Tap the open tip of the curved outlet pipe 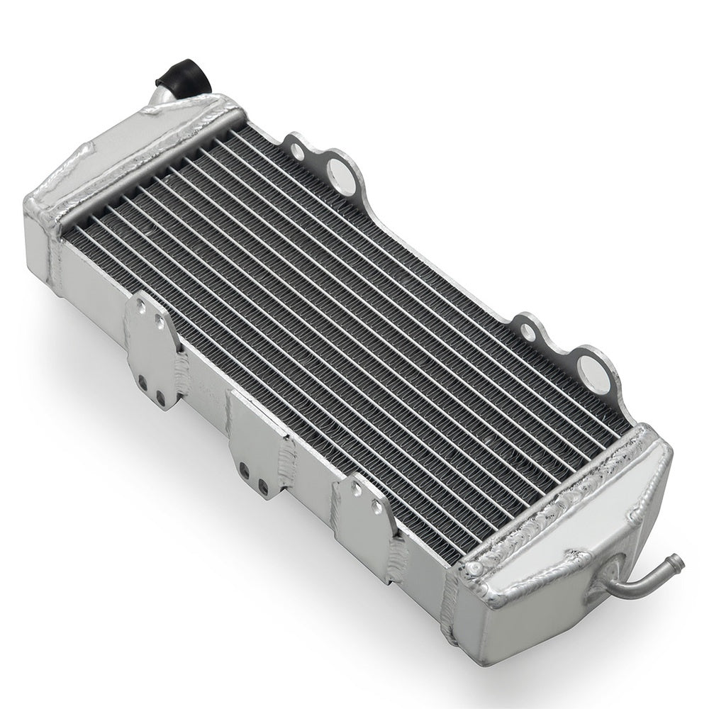click(679, 564)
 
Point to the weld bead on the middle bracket click(287, 461)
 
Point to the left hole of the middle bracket click(243, 469)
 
